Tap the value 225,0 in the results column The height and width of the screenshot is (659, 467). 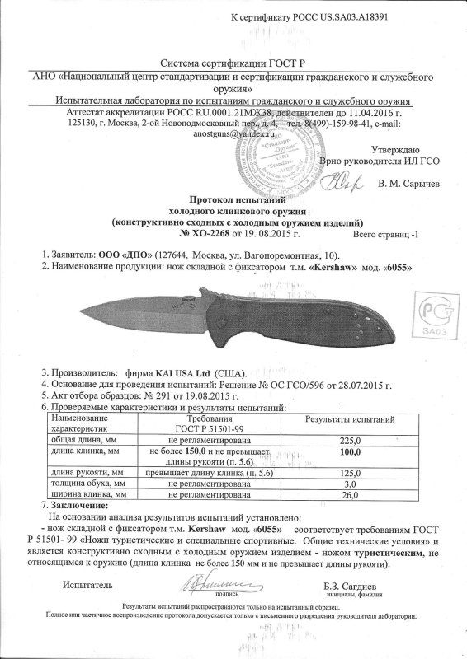(x=351, y=441)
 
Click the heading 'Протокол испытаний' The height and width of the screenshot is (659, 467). (x=238, y=199)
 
